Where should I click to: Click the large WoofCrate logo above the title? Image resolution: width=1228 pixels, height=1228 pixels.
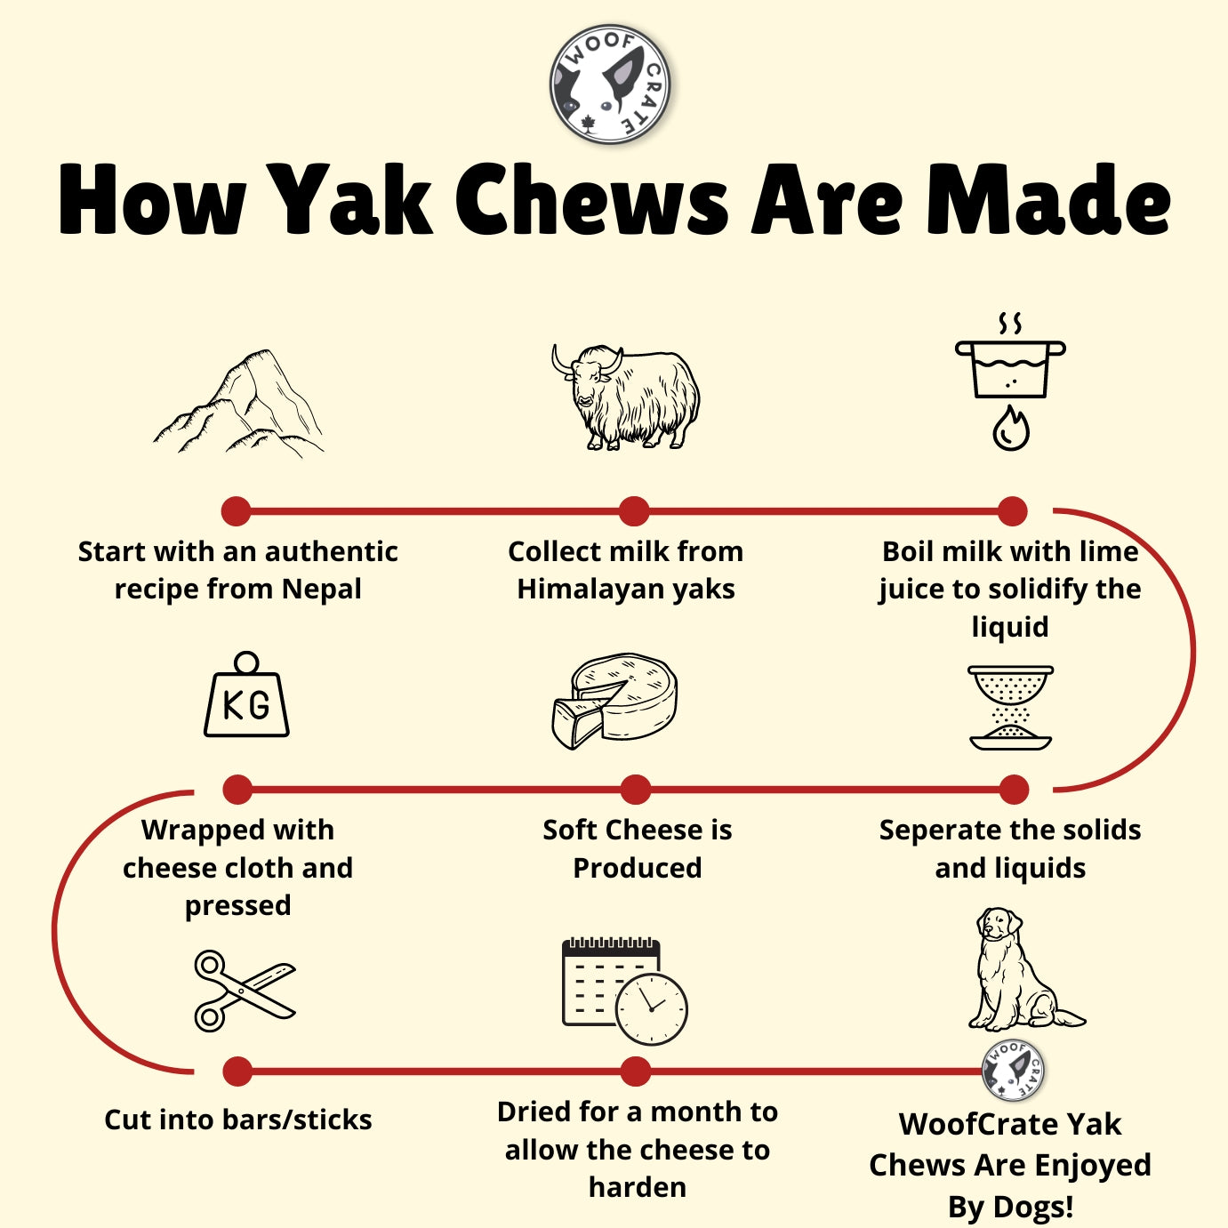coord(610,84)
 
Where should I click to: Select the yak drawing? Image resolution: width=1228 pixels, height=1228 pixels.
coord(626,397)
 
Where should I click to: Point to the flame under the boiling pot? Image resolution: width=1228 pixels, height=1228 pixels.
coord(1011,428)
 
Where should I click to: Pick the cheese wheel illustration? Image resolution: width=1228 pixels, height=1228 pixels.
coord(614,700)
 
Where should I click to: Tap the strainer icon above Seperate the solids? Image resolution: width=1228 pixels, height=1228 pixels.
coord(1011,707)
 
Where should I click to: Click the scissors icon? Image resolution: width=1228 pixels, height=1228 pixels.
coord(245,991)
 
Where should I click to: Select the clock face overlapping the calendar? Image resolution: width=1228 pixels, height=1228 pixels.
coord(651,1009)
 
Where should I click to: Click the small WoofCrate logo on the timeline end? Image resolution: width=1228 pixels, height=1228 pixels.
coord(1013,1071)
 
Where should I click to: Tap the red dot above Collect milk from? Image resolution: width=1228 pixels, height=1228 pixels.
coord(634,511)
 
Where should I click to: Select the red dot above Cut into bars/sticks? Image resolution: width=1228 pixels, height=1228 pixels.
coord(237,1071)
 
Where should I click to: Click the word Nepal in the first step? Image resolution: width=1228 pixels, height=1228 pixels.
coord(322,589)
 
